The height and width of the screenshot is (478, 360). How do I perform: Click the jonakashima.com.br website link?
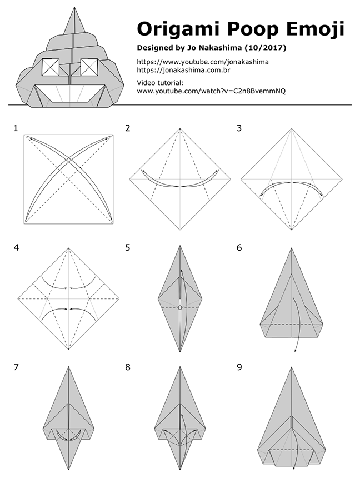183,71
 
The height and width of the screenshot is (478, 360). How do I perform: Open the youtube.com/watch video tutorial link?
211,91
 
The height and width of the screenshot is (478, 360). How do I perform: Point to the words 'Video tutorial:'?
160,83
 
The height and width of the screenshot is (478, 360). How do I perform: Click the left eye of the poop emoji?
51,67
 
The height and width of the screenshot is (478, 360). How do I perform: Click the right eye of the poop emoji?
89,67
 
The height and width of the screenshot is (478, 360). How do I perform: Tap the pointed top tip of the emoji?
74,7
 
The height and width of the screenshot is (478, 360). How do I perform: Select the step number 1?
16,128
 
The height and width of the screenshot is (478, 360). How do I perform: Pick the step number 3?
239,128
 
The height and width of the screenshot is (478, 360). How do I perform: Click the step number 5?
127,247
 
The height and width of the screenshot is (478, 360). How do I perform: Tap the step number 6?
239,247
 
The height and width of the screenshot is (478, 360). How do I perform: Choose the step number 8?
127,367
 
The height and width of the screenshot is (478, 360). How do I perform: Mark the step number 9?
239,367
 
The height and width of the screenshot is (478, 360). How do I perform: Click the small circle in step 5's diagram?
180,307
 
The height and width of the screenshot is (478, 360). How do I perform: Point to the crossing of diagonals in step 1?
68,179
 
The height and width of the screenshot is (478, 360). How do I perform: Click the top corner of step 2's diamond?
180,128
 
